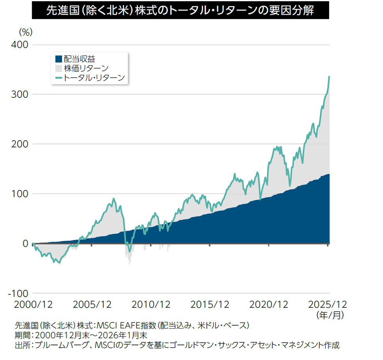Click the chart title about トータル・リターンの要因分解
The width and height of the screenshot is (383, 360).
180,10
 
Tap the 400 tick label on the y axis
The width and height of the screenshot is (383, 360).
19,45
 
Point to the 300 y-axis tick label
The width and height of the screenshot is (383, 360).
19,95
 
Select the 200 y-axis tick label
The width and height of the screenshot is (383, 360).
19,144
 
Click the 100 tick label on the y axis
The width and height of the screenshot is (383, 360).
19,194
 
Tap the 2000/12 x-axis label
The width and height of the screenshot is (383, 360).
33,305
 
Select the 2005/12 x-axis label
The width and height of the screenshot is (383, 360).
92,305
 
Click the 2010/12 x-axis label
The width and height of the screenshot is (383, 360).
151,305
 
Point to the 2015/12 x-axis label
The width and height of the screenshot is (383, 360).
210,305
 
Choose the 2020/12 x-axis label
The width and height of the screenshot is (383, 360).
269,305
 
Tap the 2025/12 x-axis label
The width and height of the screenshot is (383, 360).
328,305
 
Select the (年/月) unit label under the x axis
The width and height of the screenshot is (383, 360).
330,315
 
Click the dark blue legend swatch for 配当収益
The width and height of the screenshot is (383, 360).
58,59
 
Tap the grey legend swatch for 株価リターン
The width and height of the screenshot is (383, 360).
58,68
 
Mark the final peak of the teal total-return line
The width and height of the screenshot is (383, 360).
330,76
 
